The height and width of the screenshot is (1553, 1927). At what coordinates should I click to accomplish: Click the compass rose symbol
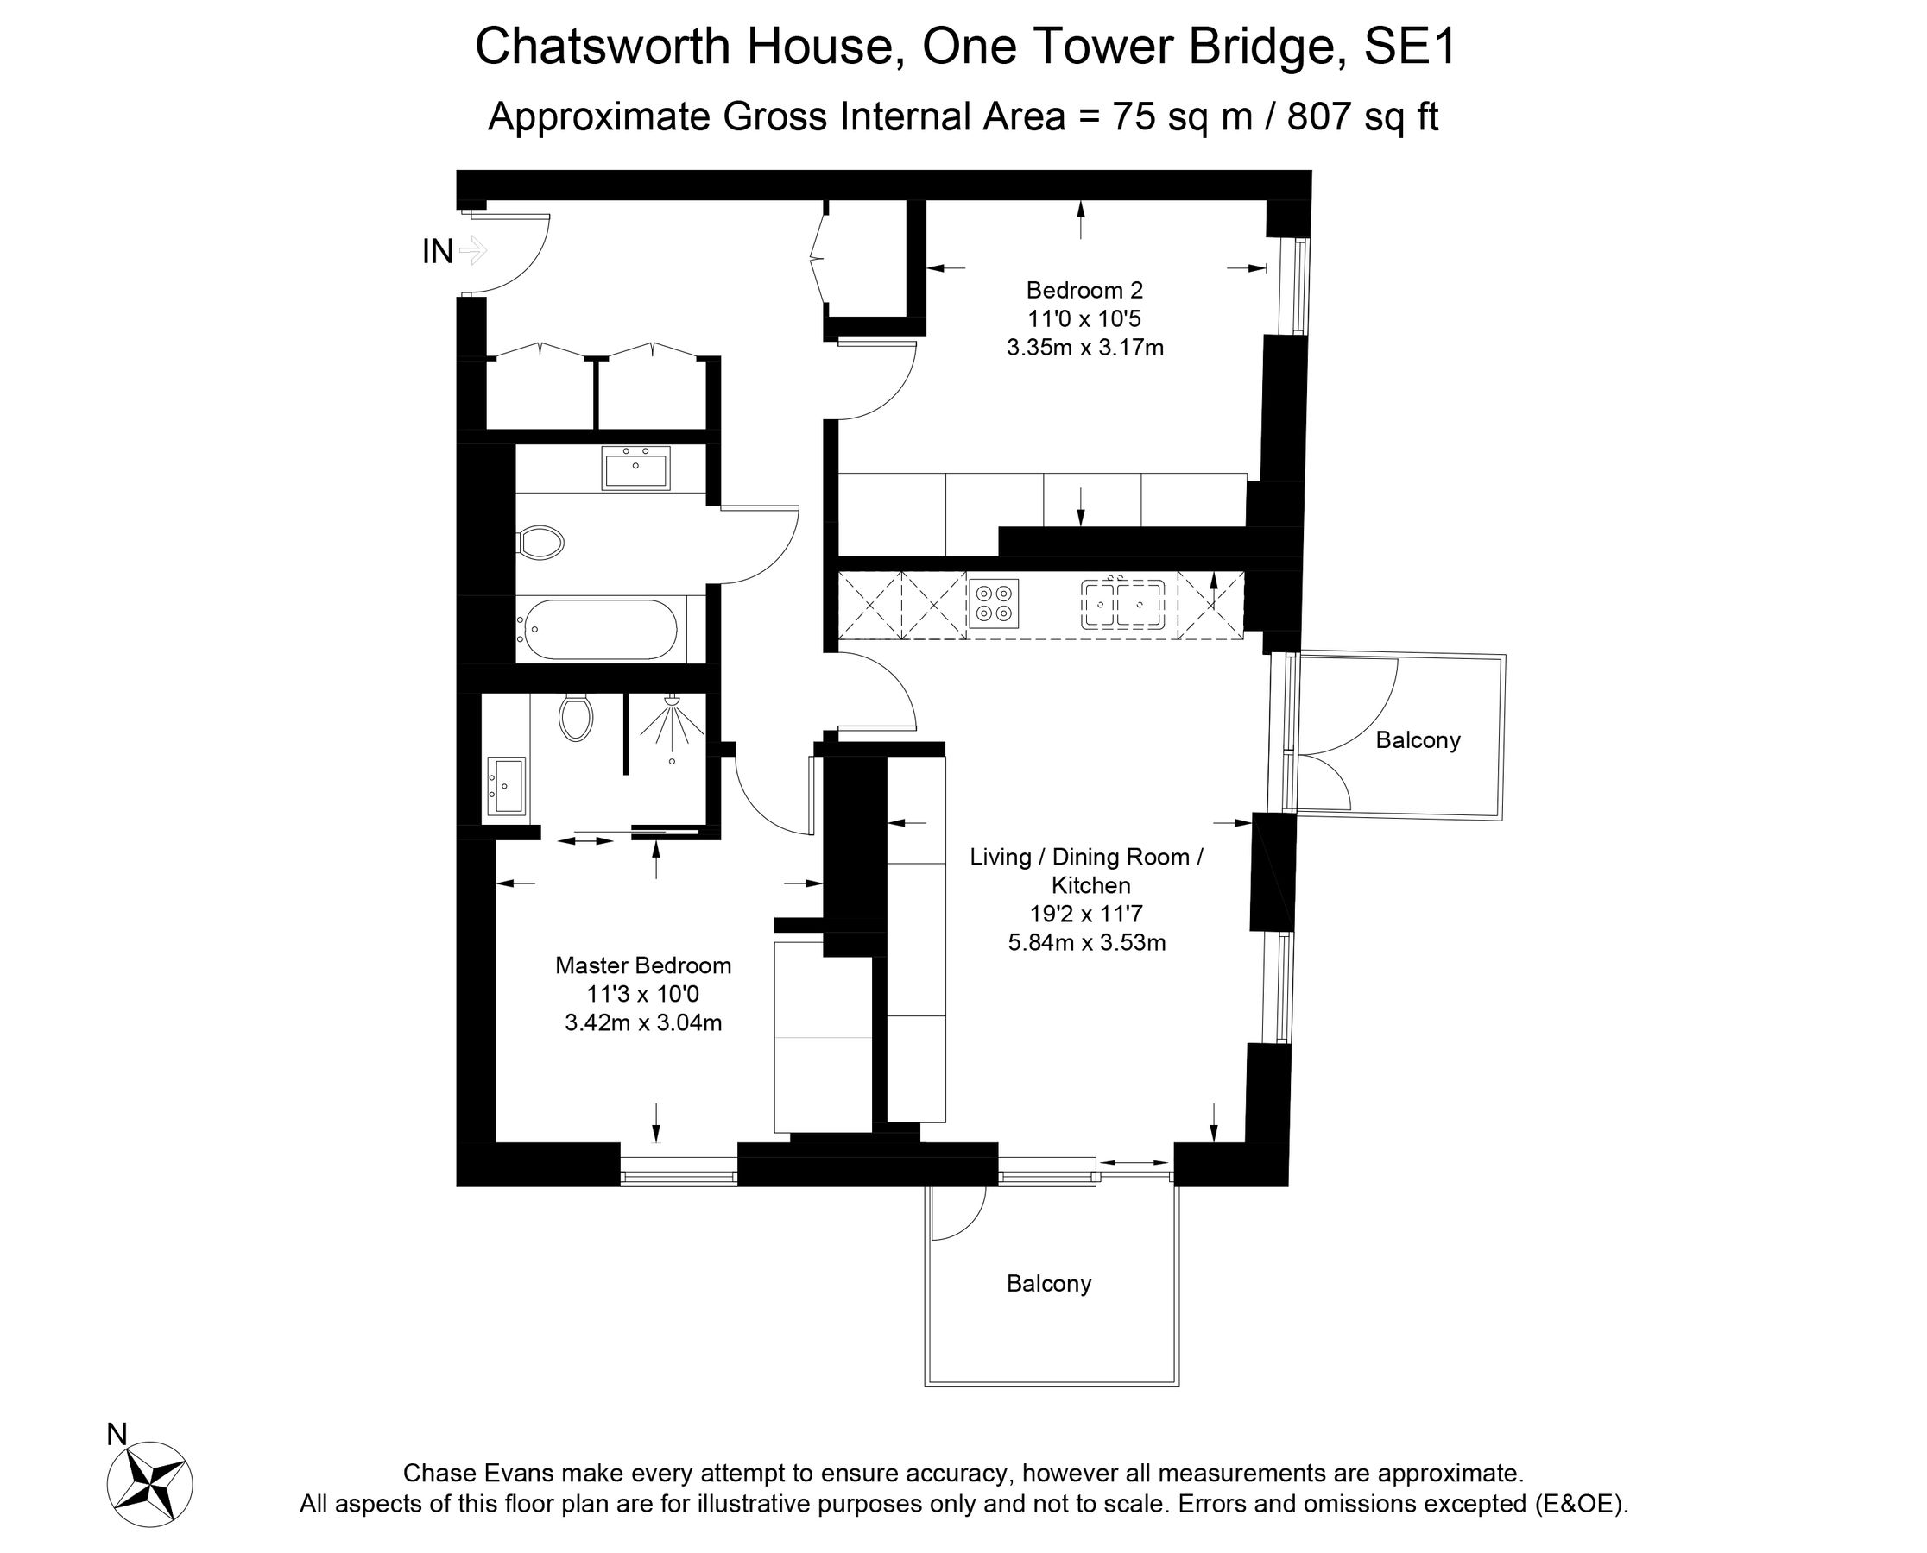coord(149,1485)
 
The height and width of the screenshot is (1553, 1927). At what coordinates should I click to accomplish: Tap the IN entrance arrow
coord(472,250)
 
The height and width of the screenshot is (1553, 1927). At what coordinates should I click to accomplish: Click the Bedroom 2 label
coord(1084,290)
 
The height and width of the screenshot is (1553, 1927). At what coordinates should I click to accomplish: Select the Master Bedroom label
coord(642,965)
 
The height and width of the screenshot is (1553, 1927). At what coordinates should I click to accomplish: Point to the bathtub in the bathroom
coord(601,629)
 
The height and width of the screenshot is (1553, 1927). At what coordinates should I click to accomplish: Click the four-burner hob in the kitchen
coord(995,603)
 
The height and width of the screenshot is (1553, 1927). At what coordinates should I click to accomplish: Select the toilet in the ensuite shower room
coord(576,717)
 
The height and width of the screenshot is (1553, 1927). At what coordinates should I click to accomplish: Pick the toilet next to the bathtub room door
coord(540,542)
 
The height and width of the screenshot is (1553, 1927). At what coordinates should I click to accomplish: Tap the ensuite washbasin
coord(506,786)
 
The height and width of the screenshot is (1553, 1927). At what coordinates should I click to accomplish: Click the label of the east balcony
coord(1418,739)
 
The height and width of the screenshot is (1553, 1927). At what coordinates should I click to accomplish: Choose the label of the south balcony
coord(1049,1284)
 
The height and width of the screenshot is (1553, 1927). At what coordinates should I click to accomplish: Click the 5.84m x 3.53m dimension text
coord(1087,942)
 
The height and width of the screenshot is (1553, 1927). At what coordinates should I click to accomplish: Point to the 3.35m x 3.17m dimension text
coord(1084,347)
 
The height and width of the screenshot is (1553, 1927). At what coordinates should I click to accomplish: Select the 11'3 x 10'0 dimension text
coord(642,994)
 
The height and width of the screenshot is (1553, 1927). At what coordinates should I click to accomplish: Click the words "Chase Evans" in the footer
coord(479,1474)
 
